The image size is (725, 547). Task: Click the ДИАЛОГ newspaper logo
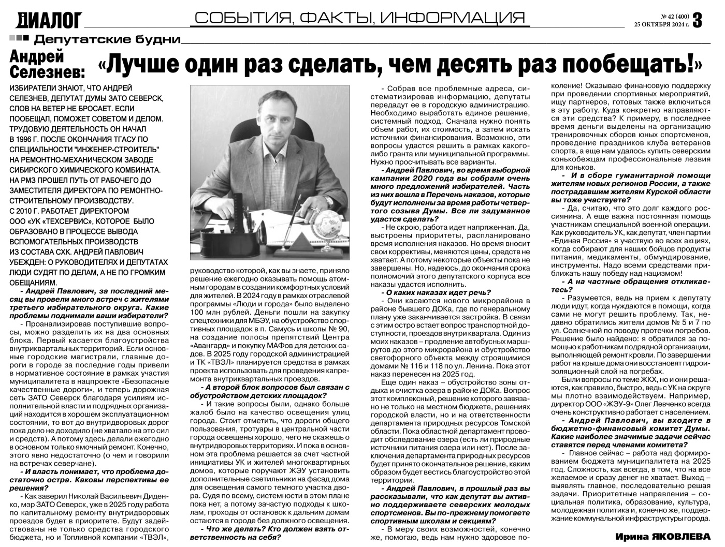[50, 20]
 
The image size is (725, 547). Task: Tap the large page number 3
[698, 20]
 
